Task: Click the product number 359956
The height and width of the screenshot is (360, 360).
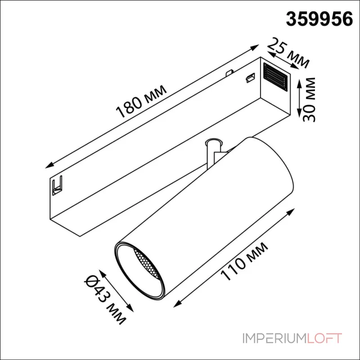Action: [x=319, y=19]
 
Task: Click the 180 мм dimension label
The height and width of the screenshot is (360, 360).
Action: [x=141, y=101]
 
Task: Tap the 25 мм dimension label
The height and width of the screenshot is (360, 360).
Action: [x=288, y=53]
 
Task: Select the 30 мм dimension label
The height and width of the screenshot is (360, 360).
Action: [x=309, y=99]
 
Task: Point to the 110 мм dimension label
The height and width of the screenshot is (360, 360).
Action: [x=244, y=261]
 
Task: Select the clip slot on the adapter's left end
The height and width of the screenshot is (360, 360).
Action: [x=57, y=185]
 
